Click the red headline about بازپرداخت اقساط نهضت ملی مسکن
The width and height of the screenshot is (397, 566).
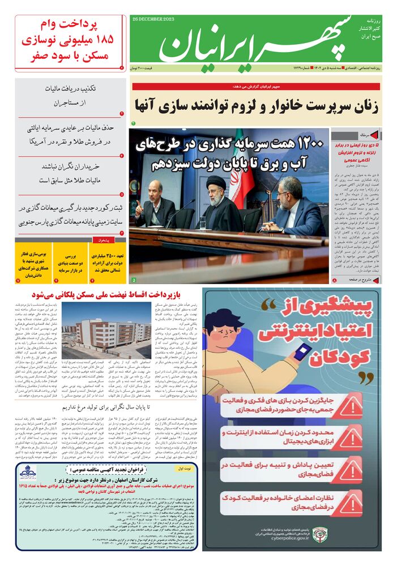[101, 295]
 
